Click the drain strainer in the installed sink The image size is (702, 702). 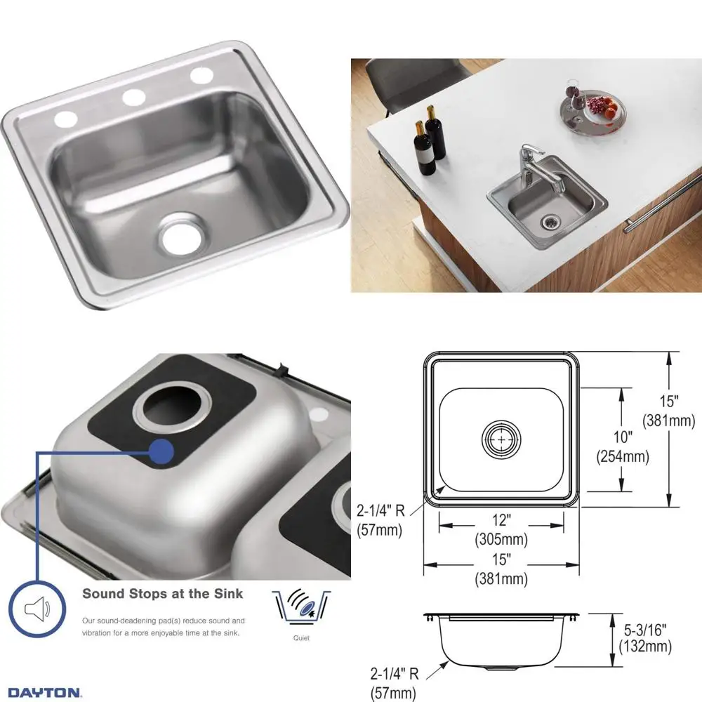pyautogui.click(x=550, y=223)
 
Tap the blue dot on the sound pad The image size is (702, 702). pyautogui.click(x=162, y=451)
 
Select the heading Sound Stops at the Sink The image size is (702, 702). pyautogui.click(x=163, y=594)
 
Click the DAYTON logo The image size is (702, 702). pyautogui.click(x=44, y=692)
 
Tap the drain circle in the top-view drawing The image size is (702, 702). pyautogui.click(x=501, y=440)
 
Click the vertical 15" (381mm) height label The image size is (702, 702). pyautogui.click(x=669, y=411)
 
